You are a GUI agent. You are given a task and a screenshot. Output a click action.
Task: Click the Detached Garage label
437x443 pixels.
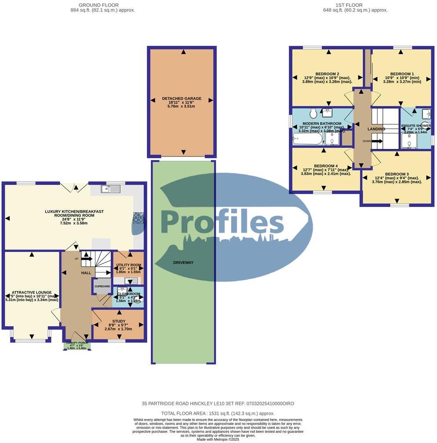[182, 98]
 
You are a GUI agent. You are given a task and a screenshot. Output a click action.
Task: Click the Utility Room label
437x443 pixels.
[128, 265]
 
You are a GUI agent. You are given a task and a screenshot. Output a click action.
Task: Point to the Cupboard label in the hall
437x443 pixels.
[102, 286]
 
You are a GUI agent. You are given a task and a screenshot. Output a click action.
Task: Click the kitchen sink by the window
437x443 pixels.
[110, 189]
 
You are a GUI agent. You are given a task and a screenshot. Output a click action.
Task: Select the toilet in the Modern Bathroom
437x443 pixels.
[313, 114]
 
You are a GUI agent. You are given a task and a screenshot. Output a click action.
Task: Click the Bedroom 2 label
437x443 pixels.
[328, 74]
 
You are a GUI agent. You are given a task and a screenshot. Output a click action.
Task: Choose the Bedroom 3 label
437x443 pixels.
[397, 174]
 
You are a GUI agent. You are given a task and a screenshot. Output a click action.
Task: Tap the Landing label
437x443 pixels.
[376, 129]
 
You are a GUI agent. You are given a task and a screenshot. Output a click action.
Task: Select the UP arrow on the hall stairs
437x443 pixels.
[86, 259]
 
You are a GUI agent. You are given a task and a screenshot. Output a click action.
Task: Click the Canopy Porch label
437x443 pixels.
[77, 343]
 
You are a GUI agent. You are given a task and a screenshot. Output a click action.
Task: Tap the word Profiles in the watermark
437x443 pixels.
[222, 222]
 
